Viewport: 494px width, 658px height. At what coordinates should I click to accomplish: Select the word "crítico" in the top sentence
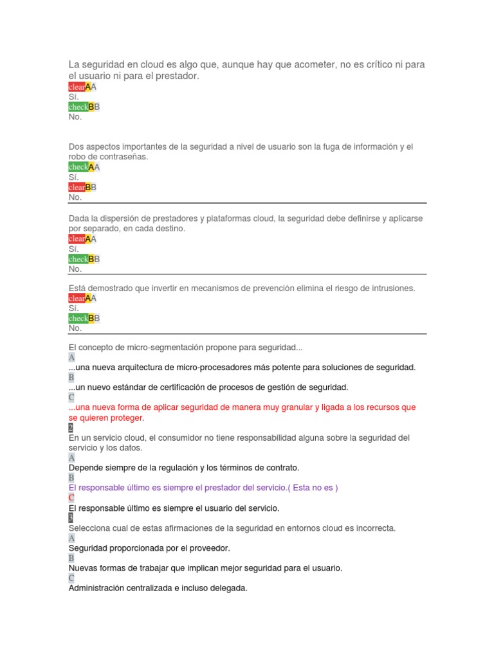coord(377,65)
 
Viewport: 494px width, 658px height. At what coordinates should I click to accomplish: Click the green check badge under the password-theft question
coord(78,167)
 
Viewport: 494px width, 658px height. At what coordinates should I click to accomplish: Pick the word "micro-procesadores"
coord(249,368)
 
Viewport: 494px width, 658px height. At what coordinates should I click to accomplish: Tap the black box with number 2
coord(71,428)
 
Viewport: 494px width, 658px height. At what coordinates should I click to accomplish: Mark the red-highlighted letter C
coord(71,498)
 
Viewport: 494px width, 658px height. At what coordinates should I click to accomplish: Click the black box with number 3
coord(71,518)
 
